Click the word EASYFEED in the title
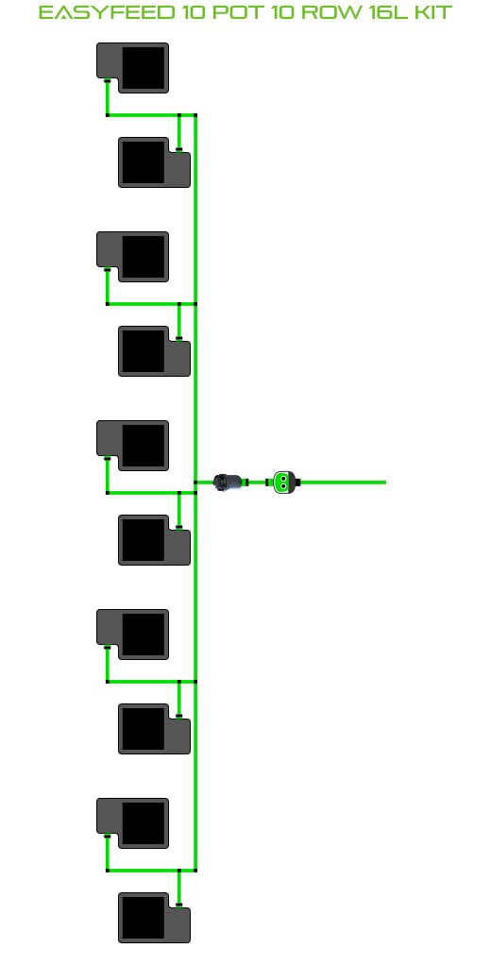(x=106, y=11)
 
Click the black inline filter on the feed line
(x=229, y=482)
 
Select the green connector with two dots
(x=283, y=482)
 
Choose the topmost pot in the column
(x=132, y=68)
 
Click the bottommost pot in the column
(x=155, y=918)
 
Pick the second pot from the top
(x=155, y=162)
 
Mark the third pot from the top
(x=132, y=257)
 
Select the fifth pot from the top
(x=132, y=446)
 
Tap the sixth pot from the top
(x=155, y=540)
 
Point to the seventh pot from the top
(x=132, y=635)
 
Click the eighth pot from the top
(x=155, y=729)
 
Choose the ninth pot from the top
(x=132, y=823)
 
